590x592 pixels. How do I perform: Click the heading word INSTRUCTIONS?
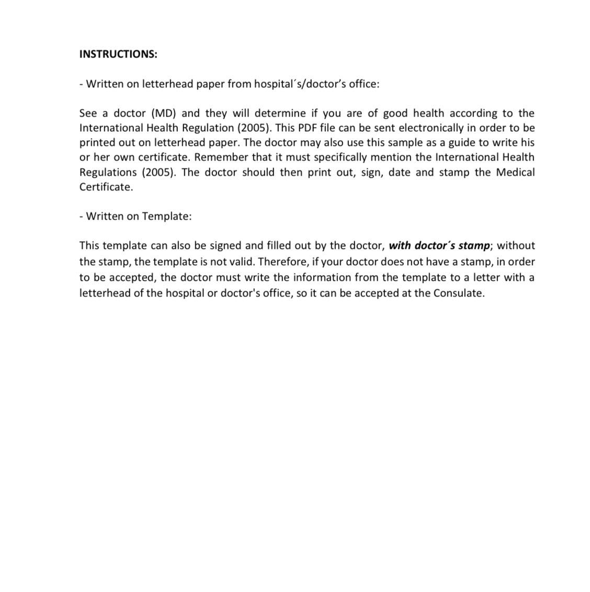(x=118, y=54)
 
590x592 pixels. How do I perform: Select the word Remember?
(x=221, y=157)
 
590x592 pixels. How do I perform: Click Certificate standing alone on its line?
(x=106, y=187)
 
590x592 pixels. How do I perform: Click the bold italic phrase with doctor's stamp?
(x=439, y=245)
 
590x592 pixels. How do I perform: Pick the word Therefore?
(x=282, y=261)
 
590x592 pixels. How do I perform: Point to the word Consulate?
(x=458, y=293)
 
